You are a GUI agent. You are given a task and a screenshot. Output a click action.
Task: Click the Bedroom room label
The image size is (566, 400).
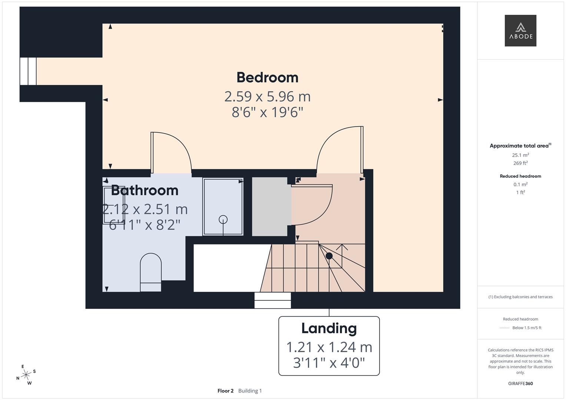(267, 77)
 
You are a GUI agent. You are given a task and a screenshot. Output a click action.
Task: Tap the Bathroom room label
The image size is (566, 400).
(145, 190)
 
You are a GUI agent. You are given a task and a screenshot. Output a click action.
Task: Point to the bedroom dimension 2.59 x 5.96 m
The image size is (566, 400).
(267, 96)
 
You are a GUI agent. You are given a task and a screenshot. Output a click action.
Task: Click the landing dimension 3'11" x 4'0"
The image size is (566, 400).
(329, 363)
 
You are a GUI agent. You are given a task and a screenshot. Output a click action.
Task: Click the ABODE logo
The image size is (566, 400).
(520, 30)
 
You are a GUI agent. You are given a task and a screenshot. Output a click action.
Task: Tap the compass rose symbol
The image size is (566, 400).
(26, 375)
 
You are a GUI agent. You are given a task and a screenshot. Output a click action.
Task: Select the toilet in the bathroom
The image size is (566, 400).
(150, 273)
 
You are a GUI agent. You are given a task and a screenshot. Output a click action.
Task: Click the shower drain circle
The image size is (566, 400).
(223, 219)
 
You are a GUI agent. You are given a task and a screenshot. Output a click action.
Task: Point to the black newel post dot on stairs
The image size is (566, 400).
(329, 256)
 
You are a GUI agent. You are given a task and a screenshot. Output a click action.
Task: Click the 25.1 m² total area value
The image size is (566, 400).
(520, 155)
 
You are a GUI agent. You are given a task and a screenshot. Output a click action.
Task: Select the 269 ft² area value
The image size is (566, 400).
(520, 163)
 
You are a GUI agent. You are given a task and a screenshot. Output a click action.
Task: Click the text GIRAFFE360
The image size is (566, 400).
(520, 383)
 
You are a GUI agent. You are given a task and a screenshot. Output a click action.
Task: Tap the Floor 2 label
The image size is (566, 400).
(225, 391)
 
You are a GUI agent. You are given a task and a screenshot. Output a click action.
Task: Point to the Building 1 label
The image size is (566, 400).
(250, 391)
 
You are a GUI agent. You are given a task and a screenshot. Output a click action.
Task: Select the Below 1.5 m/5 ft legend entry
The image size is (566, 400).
(527, 328)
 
